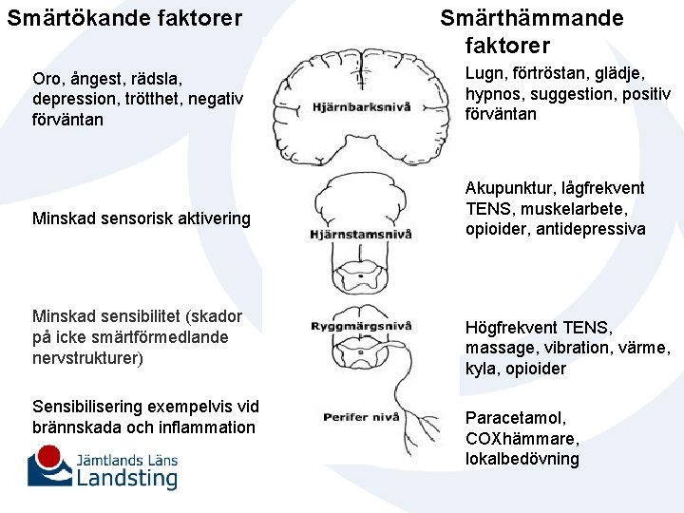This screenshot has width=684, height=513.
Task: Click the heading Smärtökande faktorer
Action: (x=124, y=17)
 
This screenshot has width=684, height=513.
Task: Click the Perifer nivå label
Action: (x=358, y=416)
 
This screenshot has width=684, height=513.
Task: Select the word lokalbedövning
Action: (x=522, y=459)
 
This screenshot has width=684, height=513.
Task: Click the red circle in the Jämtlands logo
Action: (x=57, y=455)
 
